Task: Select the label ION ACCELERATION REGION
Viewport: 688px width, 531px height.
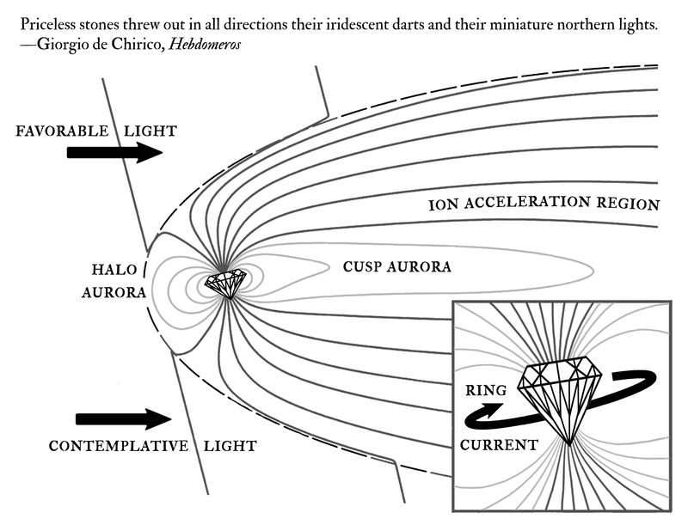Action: pyautogui.click(x=544, y=205)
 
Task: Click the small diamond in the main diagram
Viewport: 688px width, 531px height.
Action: pyautogui.click(x=227, y=284)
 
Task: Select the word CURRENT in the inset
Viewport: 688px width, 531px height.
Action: pyautogui.click(x=499, y=445)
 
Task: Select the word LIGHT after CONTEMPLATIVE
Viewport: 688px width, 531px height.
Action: pyautogui.click(x=230, y=447)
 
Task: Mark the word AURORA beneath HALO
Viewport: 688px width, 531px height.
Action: pyautogui.click(x=114, y=292)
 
